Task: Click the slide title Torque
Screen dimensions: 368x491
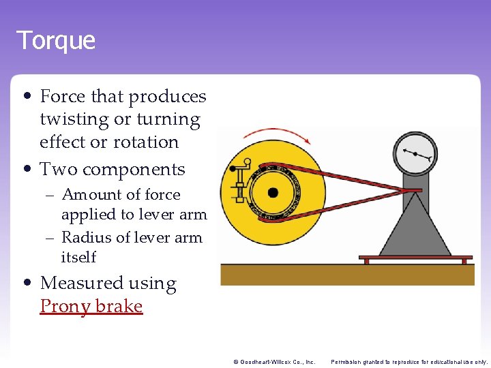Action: click(x=56, y=40)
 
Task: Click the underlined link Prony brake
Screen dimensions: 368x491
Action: click(x=91, y=306)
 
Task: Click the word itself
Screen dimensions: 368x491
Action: click(x=78, y=258)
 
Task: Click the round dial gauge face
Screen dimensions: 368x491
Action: click(x=415, y=154)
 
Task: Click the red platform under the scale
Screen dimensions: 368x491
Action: click(x=415, y=258)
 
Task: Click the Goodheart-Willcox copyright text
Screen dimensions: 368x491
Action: click(x=273, y=362)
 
